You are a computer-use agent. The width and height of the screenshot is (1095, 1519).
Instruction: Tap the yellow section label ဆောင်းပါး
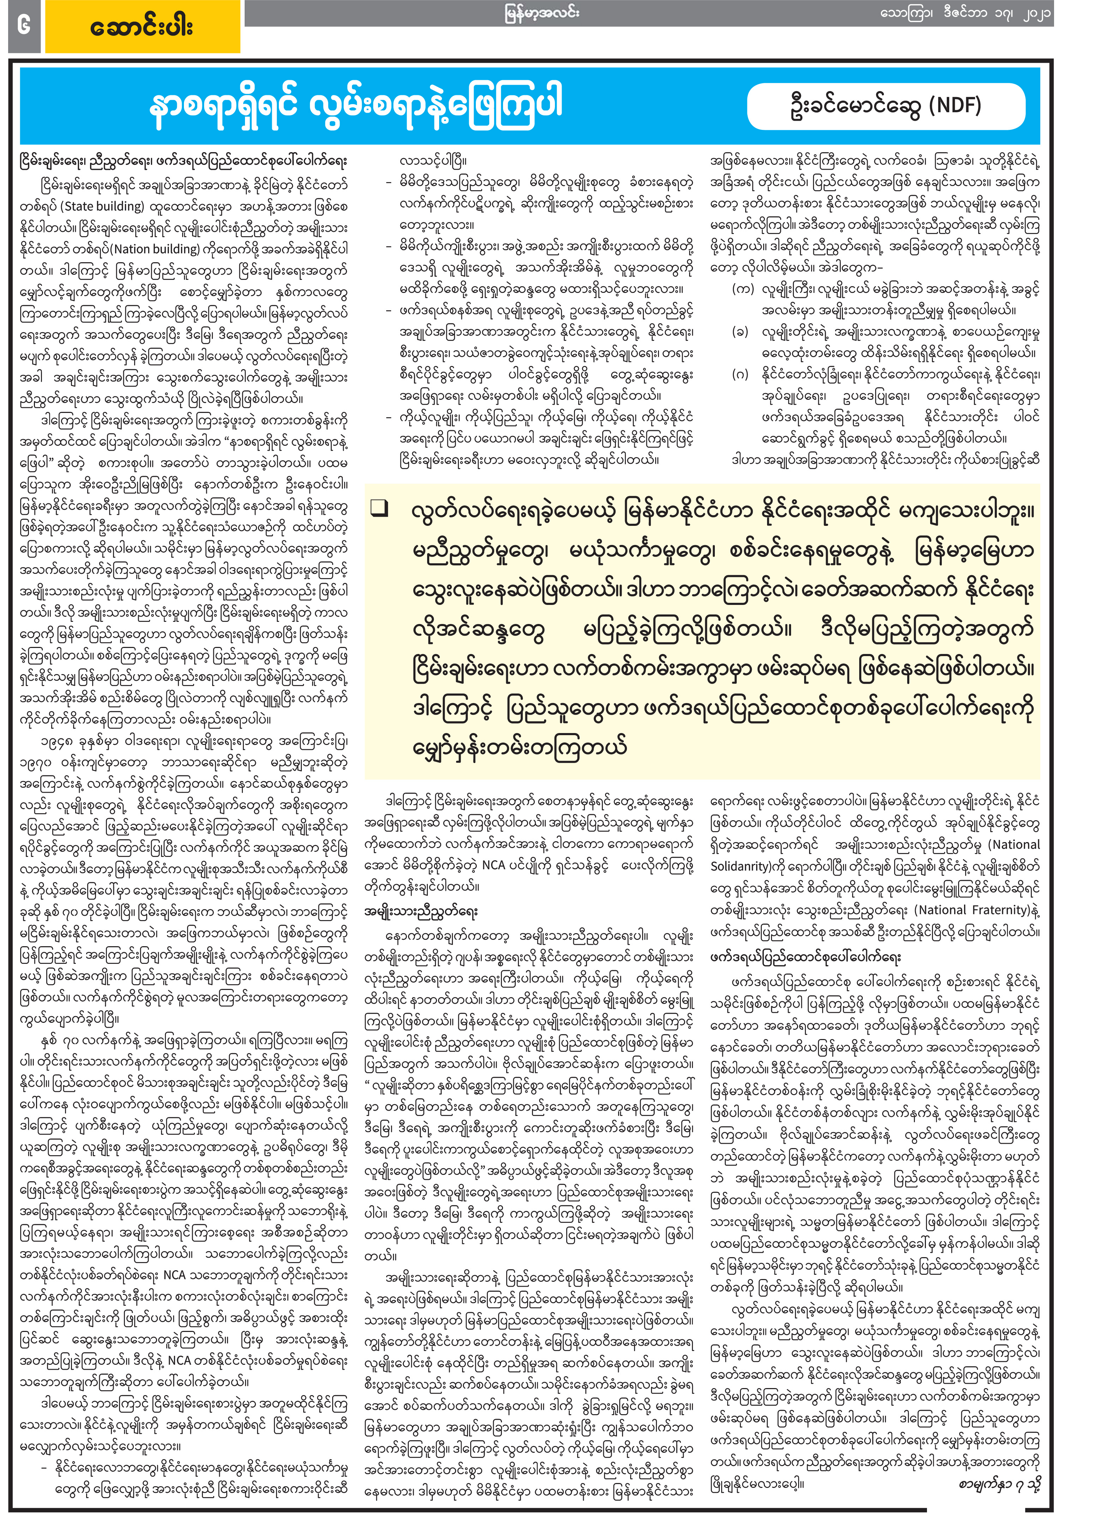[142, 28]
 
